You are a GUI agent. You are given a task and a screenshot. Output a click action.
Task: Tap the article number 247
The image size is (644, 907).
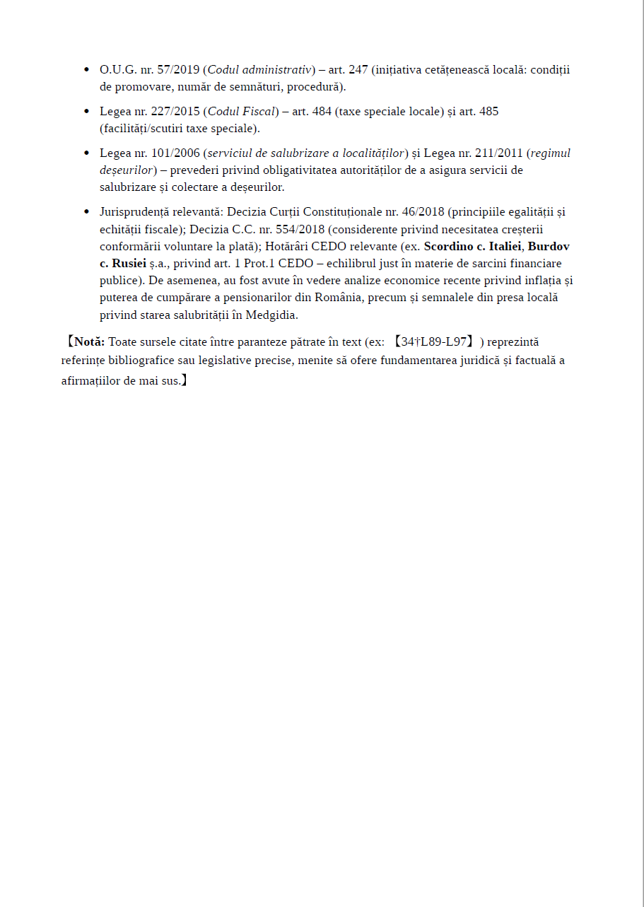click(358, 70)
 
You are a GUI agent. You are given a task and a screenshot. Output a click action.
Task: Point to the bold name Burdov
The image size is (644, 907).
click(549, 246)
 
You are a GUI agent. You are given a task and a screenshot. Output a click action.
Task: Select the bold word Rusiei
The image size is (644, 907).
click(129, 263)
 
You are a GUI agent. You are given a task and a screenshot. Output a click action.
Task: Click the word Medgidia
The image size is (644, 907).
click(272, 315)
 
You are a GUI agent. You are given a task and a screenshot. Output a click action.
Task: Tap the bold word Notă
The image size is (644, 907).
click(89, 342)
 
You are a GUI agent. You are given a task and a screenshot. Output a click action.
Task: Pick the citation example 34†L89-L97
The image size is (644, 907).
click(434, 342)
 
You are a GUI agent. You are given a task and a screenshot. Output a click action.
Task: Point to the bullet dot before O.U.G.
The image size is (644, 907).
click(86, 70)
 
